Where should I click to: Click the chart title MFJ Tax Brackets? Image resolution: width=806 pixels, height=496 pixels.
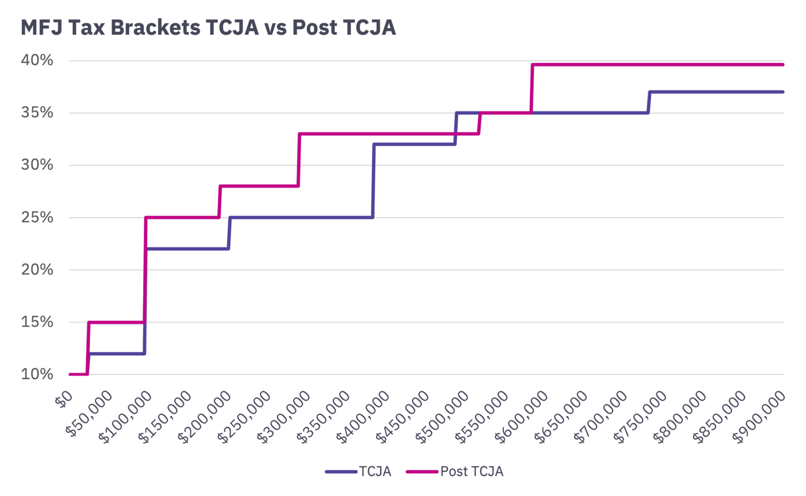[x=208, y=27]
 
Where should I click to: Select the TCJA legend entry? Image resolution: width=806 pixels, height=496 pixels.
[x=374, y=471]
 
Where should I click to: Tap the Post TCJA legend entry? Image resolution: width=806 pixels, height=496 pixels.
[x=472, y=471]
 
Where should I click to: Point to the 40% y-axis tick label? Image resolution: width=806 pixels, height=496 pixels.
[x=37, y=60]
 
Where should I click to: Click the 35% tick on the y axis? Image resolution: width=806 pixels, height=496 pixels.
[x=37, y=112]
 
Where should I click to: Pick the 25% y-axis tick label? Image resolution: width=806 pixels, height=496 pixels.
[x=37, y=217]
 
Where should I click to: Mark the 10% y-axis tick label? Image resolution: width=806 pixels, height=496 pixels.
[x=37, y=374]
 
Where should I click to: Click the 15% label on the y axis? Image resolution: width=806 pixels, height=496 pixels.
[x=37, y=322]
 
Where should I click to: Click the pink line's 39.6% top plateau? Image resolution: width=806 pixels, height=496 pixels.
[x=655, y=65]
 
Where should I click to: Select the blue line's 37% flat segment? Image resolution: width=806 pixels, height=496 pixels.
[x=715, y=92]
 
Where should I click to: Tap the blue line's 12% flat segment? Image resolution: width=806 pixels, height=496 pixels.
[x=117, y=354]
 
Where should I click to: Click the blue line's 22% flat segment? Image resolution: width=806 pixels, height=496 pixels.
[x=186, y=249]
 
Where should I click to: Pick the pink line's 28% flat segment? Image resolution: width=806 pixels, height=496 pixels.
[x=259, y=187]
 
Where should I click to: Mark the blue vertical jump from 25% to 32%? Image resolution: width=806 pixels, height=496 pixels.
[x=373, y=181]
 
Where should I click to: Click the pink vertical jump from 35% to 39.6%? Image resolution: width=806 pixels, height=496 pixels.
[x=532, y=88]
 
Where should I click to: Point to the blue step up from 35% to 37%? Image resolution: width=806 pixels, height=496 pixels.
[x=649, y=102]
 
